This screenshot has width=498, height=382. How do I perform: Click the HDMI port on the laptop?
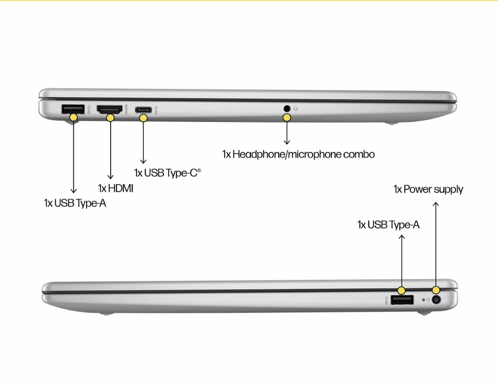click(x=110, y=110)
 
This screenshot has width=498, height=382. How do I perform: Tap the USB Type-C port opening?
click(x=143, y=110)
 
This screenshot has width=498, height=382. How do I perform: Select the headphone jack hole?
click(x=287, y=109)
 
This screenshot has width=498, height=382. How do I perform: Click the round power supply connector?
click(x=436, y=299)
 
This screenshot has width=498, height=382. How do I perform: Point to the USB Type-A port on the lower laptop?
click(x=402, y=300)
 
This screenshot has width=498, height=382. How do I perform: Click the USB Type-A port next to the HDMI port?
click(x=73, y=109)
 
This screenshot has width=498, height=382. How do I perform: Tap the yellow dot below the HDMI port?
click(x=110, y=118)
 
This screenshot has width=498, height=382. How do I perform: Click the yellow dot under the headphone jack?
click(x=287, y=118)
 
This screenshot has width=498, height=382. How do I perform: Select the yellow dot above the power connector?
click(x=436, y=290)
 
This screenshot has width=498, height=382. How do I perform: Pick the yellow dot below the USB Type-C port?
click(x=143, y=118)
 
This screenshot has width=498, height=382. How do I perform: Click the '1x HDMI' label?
click(x=116, y=188)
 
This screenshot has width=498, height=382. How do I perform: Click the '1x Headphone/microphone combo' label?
click(x=298, y=154)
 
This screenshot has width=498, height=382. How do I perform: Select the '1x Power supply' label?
click(x=428, y=190)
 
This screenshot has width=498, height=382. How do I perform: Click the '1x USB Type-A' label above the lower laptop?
click(x=388, y=225)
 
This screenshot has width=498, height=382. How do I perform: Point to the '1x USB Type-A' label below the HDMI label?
click(x=75, y=203)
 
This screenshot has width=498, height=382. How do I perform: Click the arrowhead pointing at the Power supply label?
click(x=436, y=204)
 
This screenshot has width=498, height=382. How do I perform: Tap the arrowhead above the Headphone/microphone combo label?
click(x=287, y=142)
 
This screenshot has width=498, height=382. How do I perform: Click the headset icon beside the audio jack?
click(x=296, y=109)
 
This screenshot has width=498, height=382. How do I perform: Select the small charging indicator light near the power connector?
click(x=423, y=300)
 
